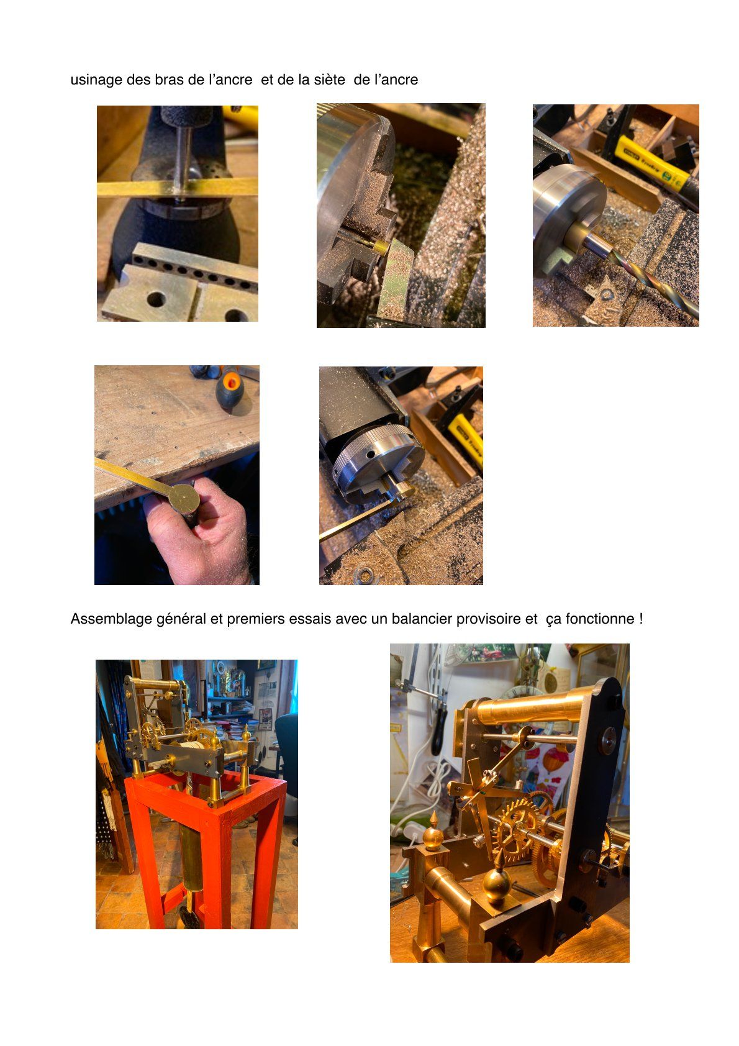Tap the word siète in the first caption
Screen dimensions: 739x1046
[329, 80]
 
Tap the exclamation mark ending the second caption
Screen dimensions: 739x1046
[641, 619]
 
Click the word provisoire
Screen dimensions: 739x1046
[488, 619]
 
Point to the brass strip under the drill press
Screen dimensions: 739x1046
[178, 188]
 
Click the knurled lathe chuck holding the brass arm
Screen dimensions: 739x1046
[379, 462]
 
